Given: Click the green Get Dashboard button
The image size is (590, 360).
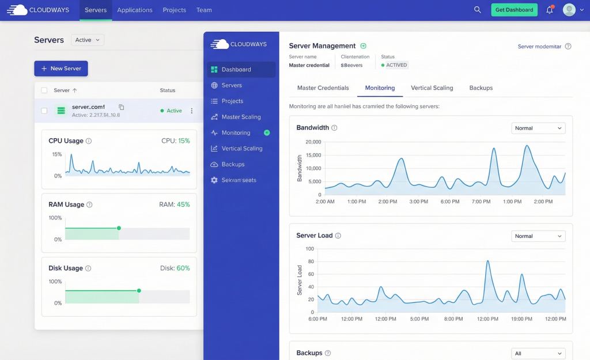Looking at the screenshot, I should pyautogui.click(x=514, y=10).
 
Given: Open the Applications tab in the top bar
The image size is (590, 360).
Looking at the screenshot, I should pyautogui.click(x=134, y=10).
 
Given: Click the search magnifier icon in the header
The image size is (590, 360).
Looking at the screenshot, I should pyautogui.click(x=477, y=10).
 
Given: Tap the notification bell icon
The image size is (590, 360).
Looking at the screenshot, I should pyautogui.click(x=549, y=10).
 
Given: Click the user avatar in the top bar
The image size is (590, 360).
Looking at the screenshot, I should pyautogui.click(x=569, y=10).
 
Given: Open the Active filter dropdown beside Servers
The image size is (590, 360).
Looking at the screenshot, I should pyautogui.click(x=88, y=40).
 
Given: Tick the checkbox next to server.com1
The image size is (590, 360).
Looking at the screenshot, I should pyautogui.click(x=44, y=111).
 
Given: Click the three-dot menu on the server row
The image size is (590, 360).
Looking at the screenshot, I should pyautogui.click(x=192, y=111).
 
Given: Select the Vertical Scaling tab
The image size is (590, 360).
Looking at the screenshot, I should pyautogui.click(x=432, y=88).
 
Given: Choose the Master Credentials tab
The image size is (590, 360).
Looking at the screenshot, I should pyautogui.click(x=323, y=88).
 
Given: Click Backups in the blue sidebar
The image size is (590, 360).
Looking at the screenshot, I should pyautogui.click(x=233, y=164).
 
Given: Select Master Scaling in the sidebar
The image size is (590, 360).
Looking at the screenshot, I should pyautogui.click(x=241, y=117).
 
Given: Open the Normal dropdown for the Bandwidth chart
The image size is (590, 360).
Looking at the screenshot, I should pyautogui.click(x=538, y=128).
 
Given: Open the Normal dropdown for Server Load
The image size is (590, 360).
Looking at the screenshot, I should pyautogui.click(x=538, y=236).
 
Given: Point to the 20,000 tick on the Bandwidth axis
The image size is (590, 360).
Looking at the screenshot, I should pyautogui.click(x=313, y=142).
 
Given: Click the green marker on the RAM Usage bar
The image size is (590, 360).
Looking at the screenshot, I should pyautogui.click(x=119, y=228).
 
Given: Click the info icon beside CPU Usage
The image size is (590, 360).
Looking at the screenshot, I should pyautogui.click(x=89, y=141).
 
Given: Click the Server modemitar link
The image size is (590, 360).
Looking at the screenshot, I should pyautogui.click(x=539, y=47).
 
